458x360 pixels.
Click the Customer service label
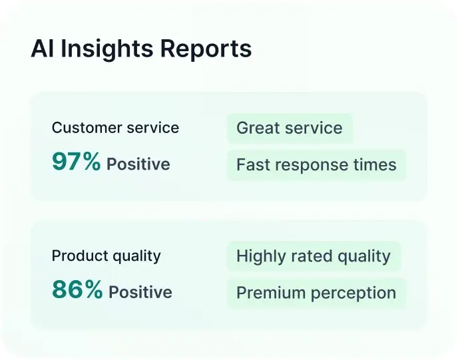[115, 128]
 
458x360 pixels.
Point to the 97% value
[76, 162]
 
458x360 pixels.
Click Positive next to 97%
[138, 164]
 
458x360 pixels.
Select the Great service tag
[290, 128]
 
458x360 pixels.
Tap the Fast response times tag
[316, 164]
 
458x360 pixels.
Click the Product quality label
[107, 256]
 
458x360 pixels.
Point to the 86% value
[77, 290]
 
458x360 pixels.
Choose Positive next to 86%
[140, 292]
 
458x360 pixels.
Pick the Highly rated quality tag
[314, 256]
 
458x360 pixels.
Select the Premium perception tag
[316, 293]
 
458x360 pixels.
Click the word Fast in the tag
[251, 164]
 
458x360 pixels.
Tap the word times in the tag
[376, 164]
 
